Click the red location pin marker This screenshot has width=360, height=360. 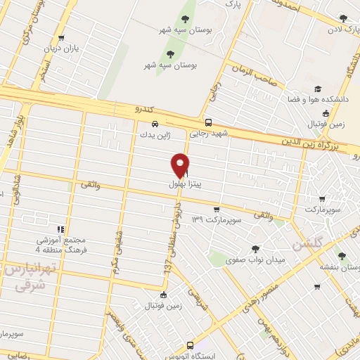[180, 165]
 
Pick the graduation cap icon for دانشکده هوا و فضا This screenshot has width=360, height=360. [318, 89]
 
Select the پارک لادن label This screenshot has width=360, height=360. [342, 30]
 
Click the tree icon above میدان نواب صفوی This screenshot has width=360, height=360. [255, 248]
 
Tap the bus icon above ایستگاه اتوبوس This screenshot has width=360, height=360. [191, 345]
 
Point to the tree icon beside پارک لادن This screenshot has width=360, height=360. [343, 18]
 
